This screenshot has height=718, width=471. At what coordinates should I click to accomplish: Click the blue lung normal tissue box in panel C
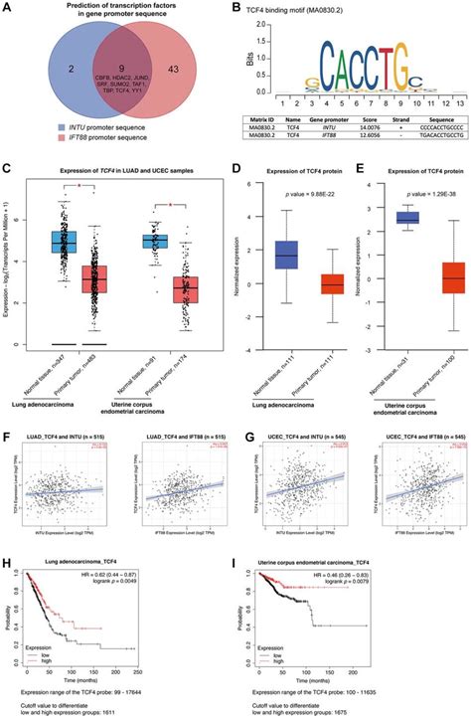[x=66, y=242]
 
